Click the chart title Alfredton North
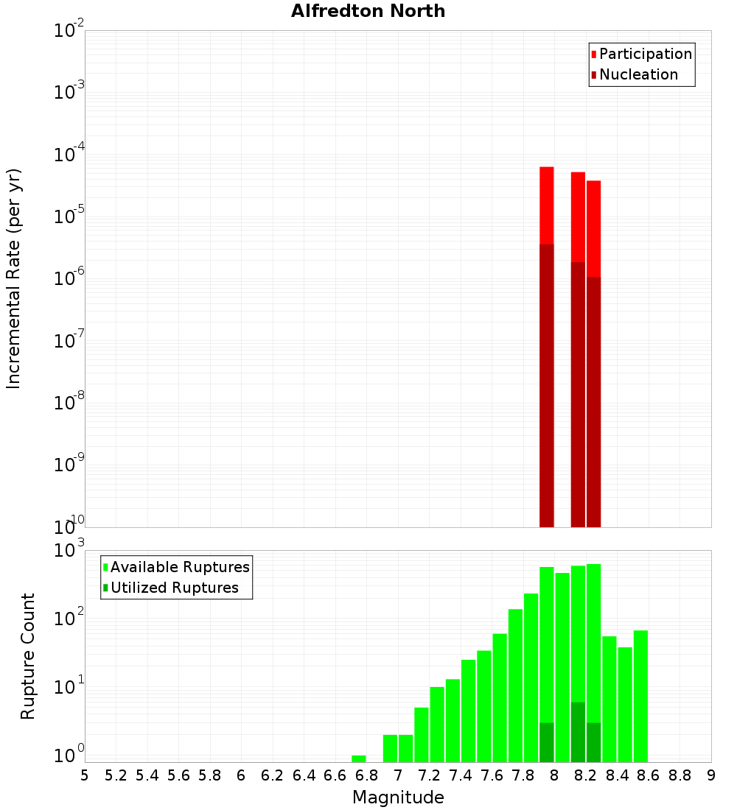pyautogui.click(x=368, y=11)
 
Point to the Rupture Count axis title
pyautogui.click(x=28, y=656)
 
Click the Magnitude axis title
pyautogui.click(x=398, y=797)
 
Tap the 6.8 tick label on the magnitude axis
pyautogui.click(x=366, y=775)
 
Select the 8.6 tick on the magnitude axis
pyautogui.click(x=649, y=775)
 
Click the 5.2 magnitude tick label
pyautogui.click(x=116, y=775)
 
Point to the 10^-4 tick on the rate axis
pyautogui.click(x=69, y=154)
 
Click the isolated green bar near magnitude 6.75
pyautogui.click(x=359, y=758)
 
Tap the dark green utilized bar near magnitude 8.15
pyautogui.click(x=578, y=732)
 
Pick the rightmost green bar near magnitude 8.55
pyautogui.click(x=640, y=696)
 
